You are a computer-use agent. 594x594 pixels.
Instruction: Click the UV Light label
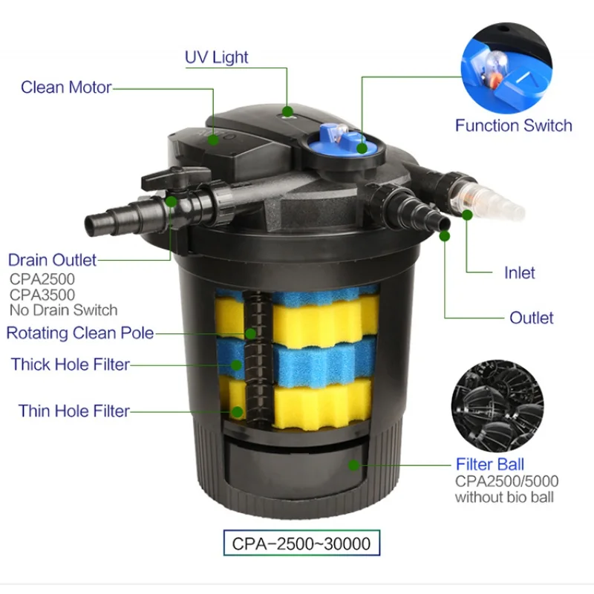pos(216,57)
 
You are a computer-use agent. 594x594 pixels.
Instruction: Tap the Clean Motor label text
pos(66,88)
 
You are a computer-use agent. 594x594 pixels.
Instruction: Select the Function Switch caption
pos(513,125)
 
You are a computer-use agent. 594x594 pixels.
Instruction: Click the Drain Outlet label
pos(52,260)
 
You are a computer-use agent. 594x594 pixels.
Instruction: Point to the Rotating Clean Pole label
pos(80,333)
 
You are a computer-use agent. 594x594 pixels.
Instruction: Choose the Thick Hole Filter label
pos(71,365)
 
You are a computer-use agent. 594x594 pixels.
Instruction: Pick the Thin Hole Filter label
pos(74,411)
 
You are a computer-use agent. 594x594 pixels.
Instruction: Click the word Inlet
pos(519,273)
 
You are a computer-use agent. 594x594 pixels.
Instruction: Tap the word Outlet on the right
pos(531,318)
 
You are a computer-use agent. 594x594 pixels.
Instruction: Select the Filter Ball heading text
pos(489,465)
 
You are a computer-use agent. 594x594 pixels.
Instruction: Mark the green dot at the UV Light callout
pos(287,112)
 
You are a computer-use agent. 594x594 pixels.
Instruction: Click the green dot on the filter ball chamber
pos(354,466)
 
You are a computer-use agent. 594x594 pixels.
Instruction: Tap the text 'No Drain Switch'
pos(63,310)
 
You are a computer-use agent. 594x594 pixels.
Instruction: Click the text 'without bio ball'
pos(504,497)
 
